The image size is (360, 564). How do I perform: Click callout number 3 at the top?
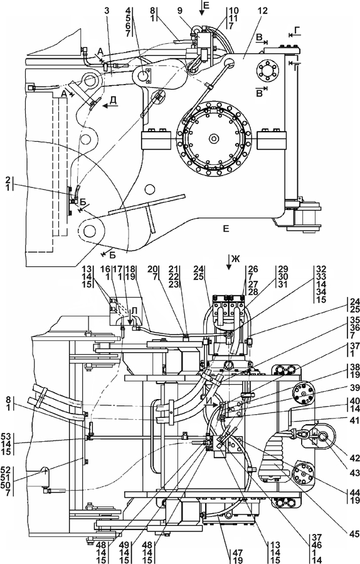(107, 11)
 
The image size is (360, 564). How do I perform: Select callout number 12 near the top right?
(263, 11)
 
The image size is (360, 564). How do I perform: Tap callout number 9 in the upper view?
(179, 11)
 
